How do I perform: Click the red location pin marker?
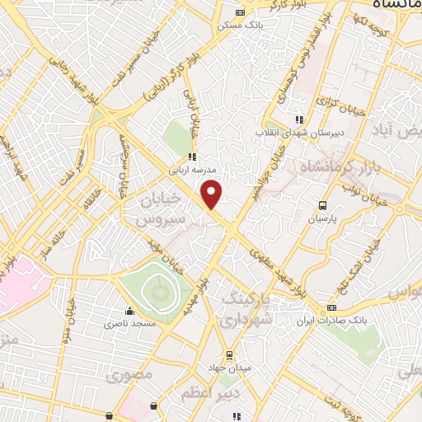[213, 194]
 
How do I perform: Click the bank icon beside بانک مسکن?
[240, 12]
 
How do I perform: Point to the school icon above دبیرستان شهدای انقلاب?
[299, 120]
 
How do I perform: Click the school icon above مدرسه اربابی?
[191, 157]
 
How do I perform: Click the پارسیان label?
[324, 220]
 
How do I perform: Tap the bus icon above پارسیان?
[324, 206]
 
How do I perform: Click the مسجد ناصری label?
[129, 325]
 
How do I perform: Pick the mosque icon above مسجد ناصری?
[129, 312]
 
